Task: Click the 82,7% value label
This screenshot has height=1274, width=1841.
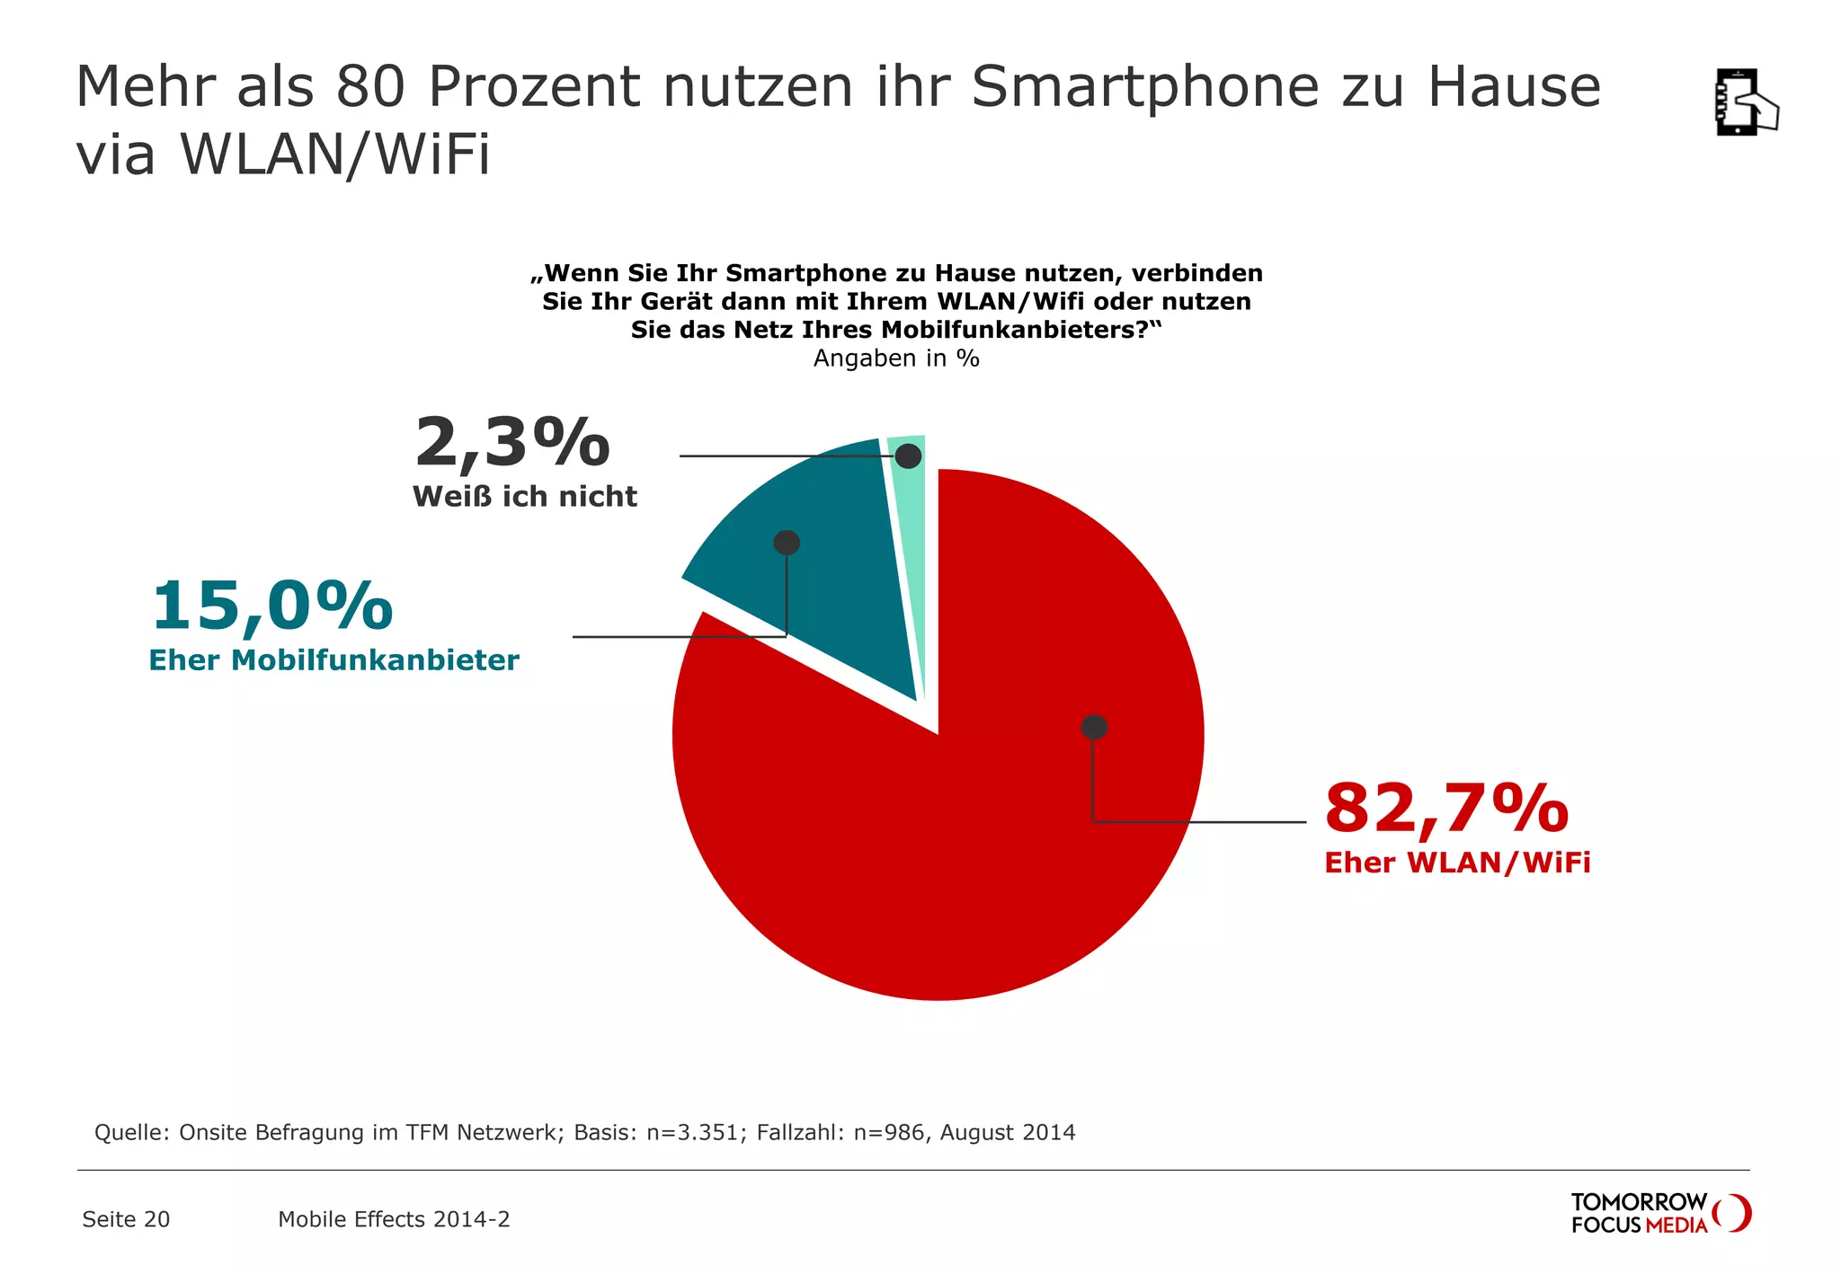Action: pos(1445,808)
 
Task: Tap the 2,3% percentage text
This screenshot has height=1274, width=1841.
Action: pos(511,443)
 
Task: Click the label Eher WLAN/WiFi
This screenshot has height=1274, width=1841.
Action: pos(1456,863)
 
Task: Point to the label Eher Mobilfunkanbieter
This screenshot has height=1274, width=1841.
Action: pos(334,660)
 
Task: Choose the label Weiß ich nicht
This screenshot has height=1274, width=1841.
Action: pos(524,497)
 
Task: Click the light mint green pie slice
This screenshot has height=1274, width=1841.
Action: pos(910,539)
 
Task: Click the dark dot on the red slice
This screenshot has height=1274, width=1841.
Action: pos(1094,727)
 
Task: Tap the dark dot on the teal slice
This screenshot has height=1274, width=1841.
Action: pos(787,543)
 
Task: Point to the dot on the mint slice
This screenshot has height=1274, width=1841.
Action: pos(909,456)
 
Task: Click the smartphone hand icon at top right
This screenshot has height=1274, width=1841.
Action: pos(1745,102)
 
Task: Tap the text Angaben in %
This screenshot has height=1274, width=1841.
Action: pos(895,358)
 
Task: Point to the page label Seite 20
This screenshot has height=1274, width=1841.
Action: pos(126,1219)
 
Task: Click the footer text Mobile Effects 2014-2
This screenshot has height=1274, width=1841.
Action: pos(394,1219)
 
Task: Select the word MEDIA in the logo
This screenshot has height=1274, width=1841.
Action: pos(1676,1225)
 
